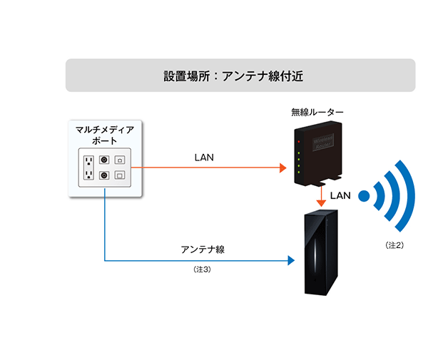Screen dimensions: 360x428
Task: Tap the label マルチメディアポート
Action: pyautogui.click(x=105, y=134)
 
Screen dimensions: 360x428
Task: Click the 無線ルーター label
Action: pyautogui.click(x=317, y=113)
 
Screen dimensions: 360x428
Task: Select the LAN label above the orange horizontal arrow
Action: pyautogui.click(x=205, y=156)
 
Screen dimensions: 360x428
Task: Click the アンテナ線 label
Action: pyautogui.click(x=203, y=250)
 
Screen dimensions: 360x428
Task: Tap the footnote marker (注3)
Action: pyautogui.click(x=203, y=270)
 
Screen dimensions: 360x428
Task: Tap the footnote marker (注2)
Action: pyautogui.click(x=394, y=245)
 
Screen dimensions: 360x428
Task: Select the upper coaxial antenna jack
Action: pyautogui.click(x=104, y=160)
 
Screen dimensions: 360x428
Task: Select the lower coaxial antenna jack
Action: pyautogui.click(x=104, y=175)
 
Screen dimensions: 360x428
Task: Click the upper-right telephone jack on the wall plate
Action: pyautogui.click(x=120, y=160)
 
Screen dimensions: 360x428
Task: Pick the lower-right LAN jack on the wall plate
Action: pyautogui.click(x=120, y=175)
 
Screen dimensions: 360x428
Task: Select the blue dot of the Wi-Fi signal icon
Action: pyautogui.click(x=364, y=195)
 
